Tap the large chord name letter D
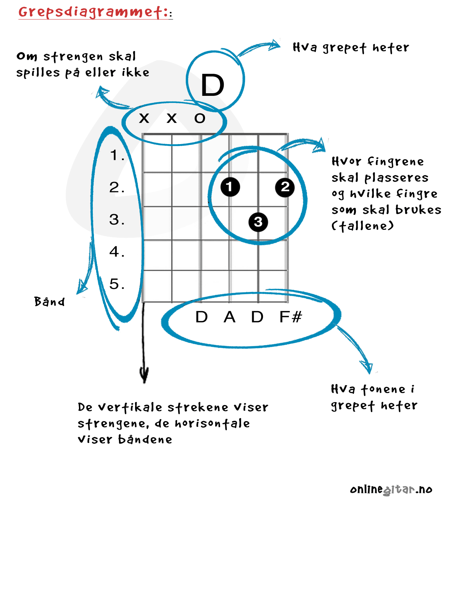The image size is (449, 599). (x=213, y=85)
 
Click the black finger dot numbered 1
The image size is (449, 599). (x=230, y=187)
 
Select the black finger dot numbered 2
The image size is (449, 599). (x=285, y=187)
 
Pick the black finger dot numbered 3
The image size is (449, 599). (x=258, y=222)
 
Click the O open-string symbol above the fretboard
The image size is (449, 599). (x=199, y=118)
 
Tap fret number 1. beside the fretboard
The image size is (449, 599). (x=117, y=155)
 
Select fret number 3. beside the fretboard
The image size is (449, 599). (x=117, y=219)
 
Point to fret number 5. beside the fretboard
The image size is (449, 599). (x=117, y=283)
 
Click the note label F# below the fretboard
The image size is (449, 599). (x=291, y=317)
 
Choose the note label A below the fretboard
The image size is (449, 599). (x=229, y=317)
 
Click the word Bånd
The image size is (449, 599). (x=49, y=301)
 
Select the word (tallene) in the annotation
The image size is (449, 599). (x=362, y=226)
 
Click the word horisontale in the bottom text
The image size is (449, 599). (x=212, y=423)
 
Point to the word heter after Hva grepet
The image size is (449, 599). (x=391, y=48)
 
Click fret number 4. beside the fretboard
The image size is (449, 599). (x=117, y=252)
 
